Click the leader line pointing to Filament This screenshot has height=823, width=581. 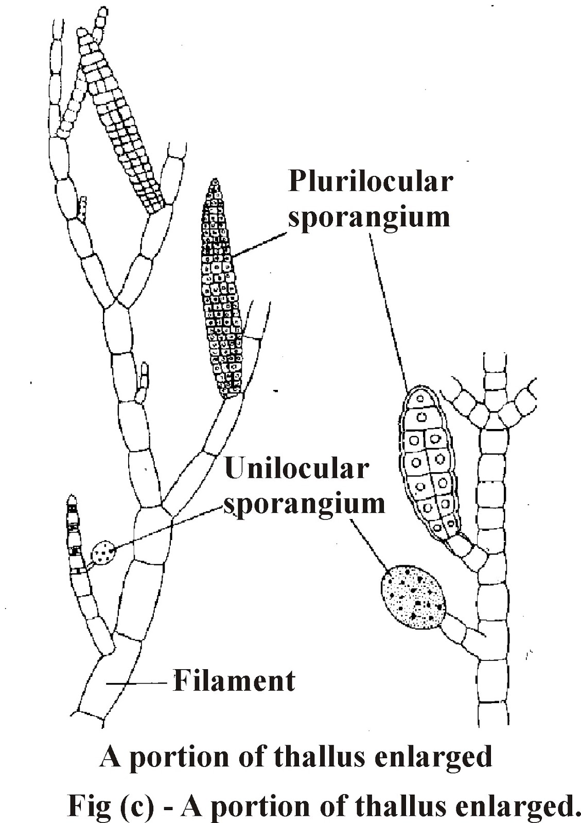(138, 684)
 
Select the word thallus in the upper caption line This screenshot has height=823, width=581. (310, 757)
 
